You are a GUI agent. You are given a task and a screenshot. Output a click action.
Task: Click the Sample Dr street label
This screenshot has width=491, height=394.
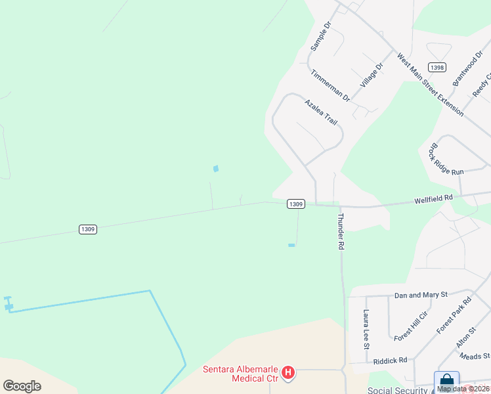[322, 36]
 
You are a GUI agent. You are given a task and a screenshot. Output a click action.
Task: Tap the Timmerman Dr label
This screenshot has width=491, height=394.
[331, 85]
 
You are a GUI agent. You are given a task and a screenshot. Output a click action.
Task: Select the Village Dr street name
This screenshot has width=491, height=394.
[371, 76]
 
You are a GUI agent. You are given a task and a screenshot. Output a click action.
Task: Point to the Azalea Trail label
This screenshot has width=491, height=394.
[321, 112]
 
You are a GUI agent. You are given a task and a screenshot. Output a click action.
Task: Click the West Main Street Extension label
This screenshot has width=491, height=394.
[430, 85]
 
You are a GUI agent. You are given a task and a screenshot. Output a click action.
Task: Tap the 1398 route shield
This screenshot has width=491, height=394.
[437, 68]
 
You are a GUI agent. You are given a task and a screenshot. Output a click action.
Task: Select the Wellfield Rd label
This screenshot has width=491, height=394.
[433, 197]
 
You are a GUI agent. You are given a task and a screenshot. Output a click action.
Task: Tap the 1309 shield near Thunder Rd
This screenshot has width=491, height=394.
[295, 204]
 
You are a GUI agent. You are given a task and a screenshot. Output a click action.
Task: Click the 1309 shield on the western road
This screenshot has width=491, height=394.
[88, 229]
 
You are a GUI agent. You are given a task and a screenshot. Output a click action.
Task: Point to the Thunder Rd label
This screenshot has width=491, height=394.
[341, 230]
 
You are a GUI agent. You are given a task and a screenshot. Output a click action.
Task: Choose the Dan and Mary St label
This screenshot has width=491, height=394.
[420, 295]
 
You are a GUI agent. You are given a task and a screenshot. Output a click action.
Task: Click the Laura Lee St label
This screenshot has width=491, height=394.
[366, 329]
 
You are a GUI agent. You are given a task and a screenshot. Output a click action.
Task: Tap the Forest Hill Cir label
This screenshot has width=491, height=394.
[411, 325]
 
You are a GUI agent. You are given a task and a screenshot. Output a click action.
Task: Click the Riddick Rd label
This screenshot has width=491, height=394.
[390, 360]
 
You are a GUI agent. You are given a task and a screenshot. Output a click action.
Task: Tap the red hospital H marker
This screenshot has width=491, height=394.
[288, 374]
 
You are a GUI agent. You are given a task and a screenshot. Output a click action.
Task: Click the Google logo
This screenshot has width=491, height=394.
[22, 386]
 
